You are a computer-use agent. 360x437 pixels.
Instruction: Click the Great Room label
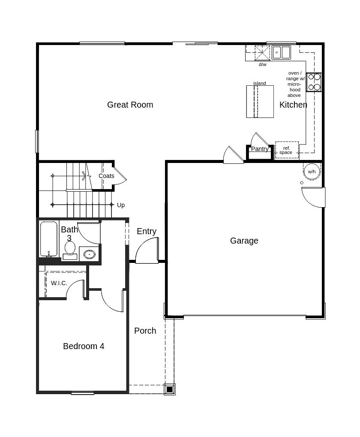click(x=130, y=105)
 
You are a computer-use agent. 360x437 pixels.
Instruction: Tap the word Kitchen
click(x=293, y=105)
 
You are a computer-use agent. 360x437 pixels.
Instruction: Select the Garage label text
click(x=244, y=241)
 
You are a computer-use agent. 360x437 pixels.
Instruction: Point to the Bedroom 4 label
click(x=84, y=346)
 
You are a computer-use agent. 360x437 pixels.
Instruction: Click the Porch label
click(x=145, y=331)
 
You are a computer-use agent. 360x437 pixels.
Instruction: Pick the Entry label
click(x=147, y=231)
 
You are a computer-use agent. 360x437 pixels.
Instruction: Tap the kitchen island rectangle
click(x=260, y=102)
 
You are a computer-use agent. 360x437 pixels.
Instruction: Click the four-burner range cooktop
click(x=314, y=82)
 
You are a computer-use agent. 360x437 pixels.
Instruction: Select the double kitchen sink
click(x=281, y=52)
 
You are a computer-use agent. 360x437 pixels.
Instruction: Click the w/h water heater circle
click(x=312, y=172)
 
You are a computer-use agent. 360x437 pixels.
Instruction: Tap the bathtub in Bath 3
click(x=49, y=239)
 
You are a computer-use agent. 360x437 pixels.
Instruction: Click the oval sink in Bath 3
click(x=90, y=254)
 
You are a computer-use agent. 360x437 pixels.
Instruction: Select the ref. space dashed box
click(x=287, y=150)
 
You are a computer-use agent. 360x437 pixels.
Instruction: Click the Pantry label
click(x=260, y=149)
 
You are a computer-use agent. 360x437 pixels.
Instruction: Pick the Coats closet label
click(x=106, y=176)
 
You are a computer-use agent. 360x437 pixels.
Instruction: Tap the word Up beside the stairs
click(x=120, y=205)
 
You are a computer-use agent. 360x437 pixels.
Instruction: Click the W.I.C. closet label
click(x=59, y=283)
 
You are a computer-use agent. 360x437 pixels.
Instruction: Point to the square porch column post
click(x=170, y=389)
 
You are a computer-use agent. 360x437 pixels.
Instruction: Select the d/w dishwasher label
click(x=263, y=64)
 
